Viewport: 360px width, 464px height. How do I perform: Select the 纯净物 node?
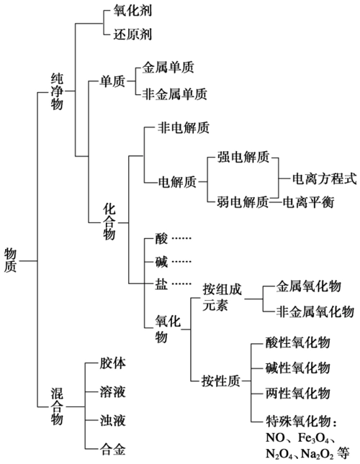point(57,91)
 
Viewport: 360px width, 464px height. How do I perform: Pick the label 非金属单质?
point(175,94)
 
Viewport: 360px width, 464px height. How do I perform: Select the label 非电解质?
point(184,129)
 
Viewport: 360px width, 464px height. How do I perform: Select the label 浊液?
point(113,419)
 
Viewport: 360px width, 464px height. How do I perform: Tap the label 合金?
point(113,450)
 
